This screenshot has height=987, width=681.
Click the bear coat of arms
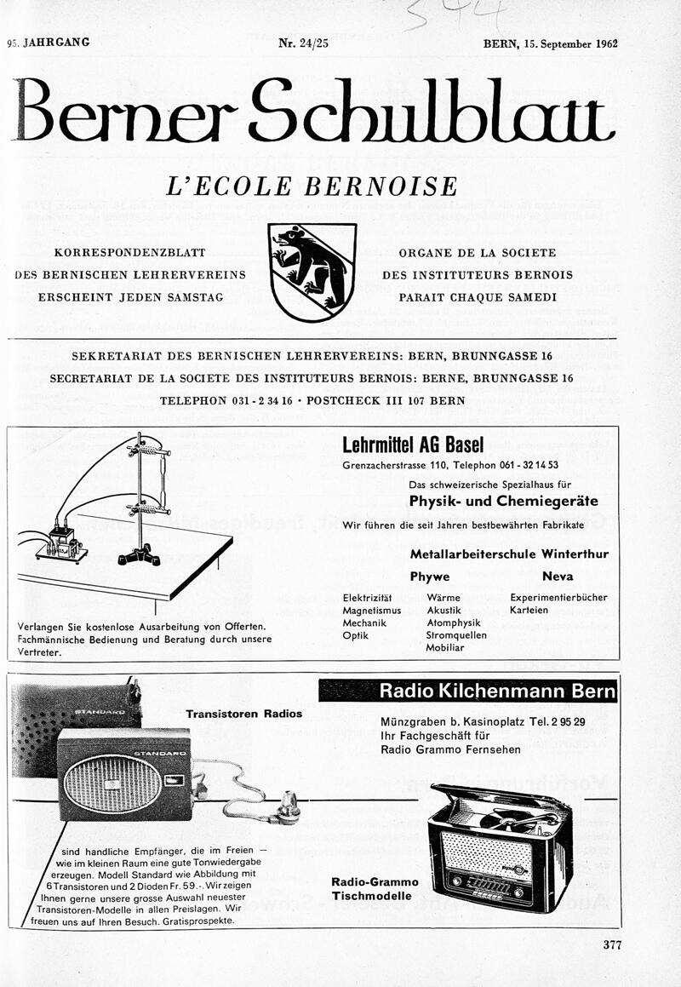pos(312,272)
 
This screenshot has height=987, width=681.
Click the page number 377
pos(612,944)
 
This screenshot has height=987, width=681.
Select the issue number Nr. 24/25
pos(303,43)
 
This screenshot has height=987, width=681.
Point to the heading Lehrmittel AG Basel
pos(413,445)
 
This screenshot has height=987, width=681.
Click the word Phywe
pos(429,577)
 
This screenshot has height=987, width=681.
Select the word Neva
pos(558,577)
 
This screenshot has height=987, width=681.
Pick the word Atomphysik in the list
pos(455,623)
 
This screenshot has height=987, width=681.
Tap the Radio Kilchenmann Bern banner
pos(468,691)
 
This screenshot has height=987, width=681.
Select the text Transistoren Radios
pos(243,714)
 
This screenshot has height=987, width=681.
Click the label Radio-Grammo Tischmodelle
pos(375,889)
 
